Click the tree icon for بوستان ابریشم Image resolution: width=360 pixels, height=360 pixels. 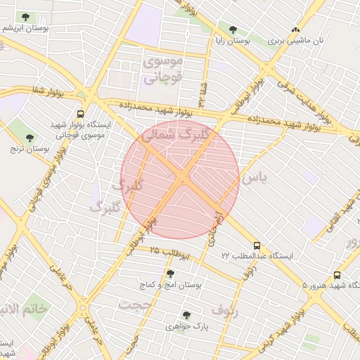pyautogui.click(x=25, y=16)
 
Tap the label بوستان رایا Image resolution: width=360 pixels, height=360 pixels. pyautogui.click(x=232, y=41)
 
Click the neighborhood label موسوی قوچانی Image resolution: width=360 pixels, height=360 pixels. pyautogui.click(x=162, y=70)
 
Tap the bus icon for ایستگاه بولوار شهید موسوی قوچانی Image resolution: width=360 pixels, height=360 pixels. pyautogui.click(x=80, y=113)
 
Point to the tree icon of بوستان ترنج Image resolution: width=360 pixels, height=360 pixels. pyautogui.click(x=29, y=137)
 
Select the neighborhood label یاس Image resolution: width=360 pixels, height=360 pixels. pyautogui.click(x=255, y=179)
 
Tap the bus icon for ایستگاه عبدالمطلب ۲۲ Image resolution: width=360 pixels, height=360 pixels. pyautogui.click(x=257, y=246)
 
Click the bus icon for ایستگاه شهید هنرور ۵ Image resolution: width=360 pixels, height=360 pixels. pyautogui.click(x=337, y=275)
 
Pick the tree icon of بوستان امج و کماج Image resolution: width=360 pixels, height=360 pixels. pyautogui.click(x=169, y=273)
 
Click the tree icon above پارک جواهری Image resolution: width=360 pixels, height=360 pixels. pyautogui.click(x=186, y=314)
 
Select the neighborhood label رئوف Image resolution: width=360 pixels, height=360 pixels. pyautogui.click(x=226, y=310)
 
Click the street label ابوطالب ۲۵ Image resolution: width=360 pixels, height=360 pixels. pyautogui.click(x=169, y=252)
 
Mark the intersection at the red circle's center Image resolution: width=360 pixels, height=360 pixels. pyautogui.click(x=180, y=179)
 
